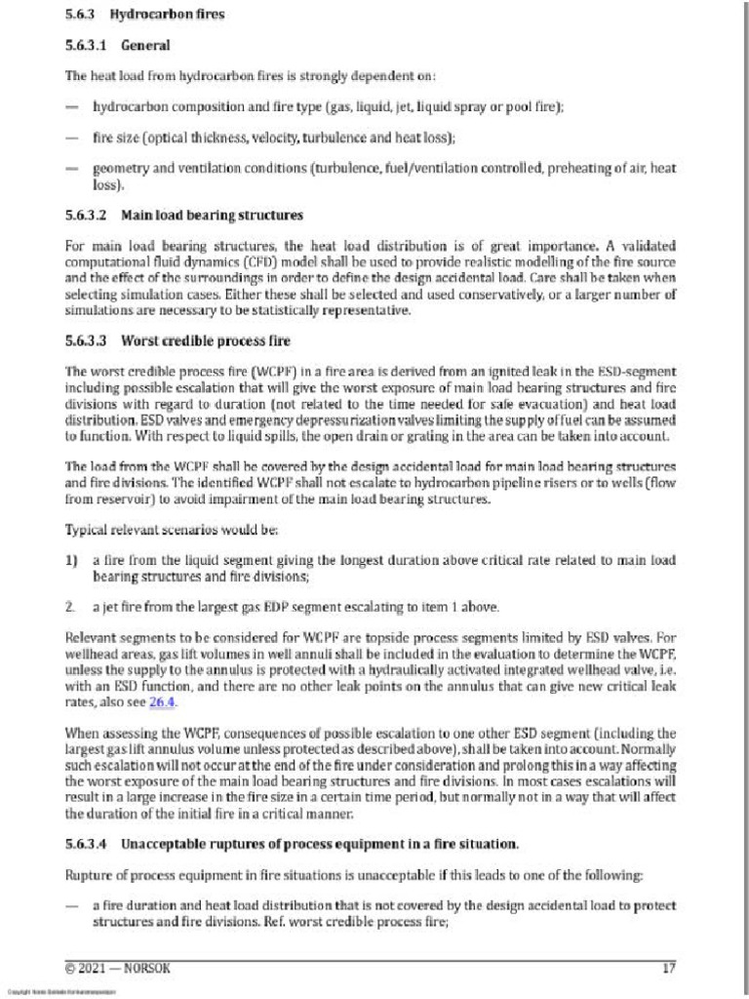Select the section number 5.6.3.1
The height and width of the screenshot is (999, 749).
click(88, 45)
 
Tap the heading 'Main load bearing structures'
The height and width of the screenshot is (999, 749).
click(212, 215)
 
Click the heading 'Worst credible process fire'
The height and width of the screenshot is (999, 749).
click(205, 341)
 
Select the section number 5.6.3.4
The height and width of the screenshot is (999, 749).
click(88, 843)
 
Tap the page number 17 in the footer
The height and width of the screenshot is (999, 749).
click(669, 968)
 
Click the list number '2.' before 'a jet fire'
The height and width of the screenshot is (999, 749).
click(70, 607)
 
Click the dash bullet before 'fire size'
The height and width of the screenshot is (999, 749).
click(71, 138)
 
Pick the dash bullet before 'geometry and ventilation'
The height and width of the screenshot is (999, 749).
click(71, 168)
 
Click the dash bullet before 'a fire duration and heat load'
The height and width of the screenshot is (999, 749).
click(71, 905)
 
